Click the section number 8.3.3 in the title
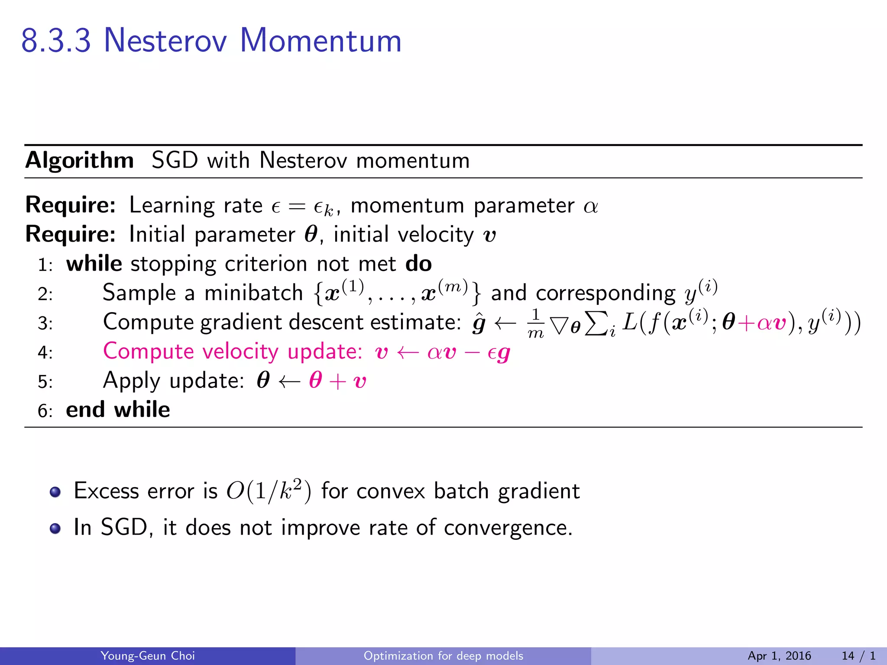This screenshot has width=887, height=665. coord(56,41)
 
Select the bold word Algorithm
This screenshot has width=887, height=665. coord(80,161)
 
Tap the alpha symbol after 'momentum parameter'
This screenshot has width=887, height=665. coord(591,207)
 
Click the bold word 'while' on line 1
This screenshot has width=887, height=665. coord(94,264)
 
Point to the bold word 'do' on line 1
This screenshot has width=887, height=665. coord(418,264)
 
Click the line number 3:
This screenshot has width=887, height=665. coord(45,323)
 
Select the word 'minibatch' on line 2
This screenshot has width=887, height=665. coord(253,293)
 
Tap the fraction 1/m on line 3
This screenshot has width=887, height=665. coord(536,323)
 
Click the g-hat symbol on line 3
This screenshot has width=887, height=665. coord(479,323)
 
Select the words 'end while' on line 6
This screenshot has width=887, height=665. coord(118,410)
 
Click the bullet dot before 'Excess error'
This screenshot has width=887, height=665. coord(55,492)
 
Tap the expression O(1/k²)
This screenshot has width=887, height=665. coord(269,491)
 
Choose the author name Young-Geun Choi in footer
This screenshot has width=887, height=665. coord(148,656)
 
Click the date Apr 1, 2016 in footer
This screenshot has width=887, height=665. coord(779,656)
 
